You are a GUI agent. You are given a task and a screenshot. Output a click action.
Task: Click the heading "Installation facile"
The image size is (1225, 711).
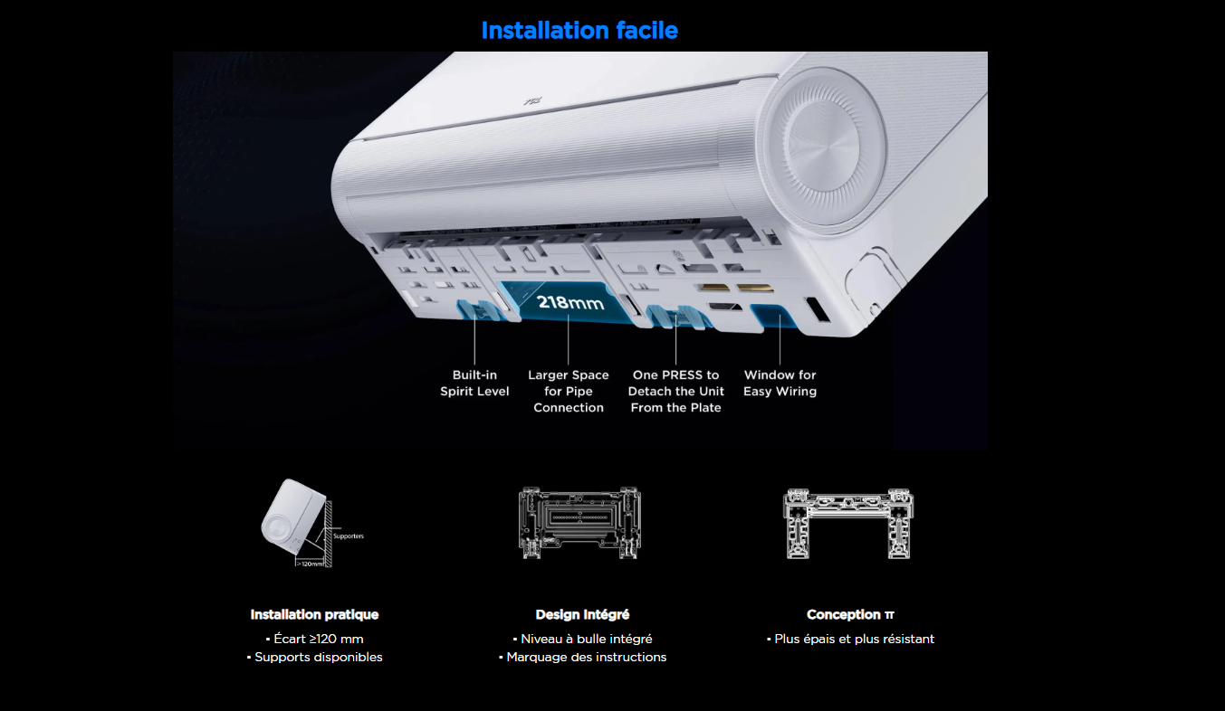[579, 31]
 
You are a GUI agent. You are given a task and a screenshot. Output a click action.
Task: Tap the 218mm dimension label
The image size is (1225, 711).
[570, 302]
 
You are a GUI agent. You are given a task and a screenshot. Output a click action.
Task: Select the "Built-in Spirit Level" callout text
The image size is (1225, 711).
[474, 384]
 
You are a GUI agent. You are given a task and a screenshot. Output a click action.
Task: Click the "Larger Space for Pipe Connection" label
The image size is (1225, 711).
[569, 392]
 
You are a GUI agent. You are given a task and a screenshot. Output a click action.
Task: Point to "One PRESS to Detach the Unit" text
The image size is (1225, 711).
[676, 384]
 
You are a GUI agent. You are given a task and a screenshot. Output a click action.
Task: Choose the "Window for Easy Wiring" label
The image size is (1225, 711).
[780, 384]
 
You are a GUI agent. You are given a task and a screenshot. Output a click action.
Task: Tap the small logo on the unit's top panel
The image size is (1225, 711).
[532, 101]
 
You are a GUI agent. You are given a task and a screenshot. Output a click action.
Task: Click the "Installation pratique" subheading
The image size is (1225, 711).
[314, 615]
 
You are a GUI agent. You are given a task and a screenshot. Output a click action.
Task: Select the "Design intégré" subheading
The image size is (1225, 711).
[582, 615]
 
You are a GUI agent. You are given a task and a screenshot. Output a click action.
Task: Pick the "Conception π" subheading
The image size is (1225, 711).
[850, 615]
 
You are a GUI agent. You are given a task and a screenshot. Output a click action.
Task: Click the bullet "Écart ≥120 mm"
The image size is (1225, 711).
[314, 639]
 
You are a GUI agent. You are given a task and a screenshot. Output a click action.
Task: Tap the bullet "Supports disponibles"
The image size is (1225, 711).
[314, 657]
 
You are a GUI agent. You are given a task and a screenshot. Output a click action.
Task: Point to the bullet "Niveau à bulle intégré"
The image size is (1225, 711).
[582, 639]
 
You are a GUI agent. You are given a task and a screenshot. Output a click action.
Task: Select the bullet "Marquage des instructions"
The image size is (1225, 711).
[582, 657]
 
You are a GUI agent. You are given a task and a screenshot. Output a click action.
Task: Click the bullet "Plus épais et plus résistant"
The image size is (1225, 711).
[850, 639]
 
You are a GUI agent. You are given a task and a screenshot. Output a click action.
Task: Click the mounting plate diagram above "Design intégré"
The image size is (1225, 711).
[579, 523]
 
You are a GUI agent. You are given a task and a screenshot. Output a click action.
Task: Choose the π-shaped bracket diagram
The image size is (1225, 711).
[848, 524]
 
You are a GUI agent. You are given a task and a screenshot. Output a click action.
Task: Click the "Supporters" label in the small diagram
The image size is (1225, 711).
[349, 536]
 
